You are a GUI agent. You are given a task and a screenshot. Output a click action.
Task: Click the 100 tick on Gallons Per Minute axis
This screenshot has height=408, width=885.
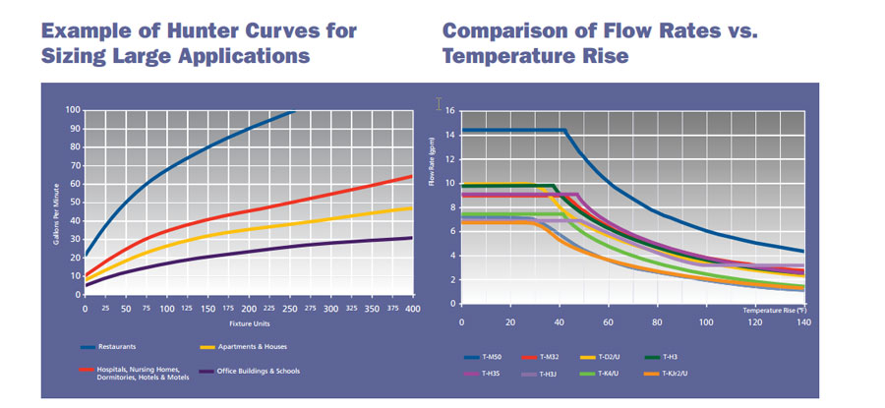(x=73, y=109)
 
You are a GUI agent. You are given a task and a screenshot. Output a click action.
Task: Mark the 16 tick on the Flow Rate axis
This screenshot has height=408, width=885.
(x=450, y=110)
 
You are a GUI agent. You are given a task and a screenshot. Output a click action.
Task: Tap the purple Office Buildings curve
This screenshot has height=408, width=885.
(x=246, y=250)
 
